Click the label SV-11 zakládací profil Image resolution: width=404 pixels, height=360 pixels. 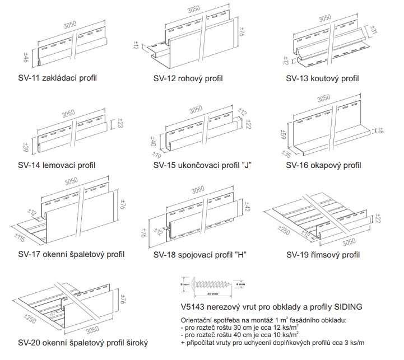click(x=57, y=78)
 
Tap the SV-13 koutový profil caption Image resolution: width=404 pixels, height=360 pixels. click(x=322, y=78)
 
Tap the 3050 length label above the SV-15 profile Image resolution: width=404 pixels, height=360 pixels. click(x=196, y=109)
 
